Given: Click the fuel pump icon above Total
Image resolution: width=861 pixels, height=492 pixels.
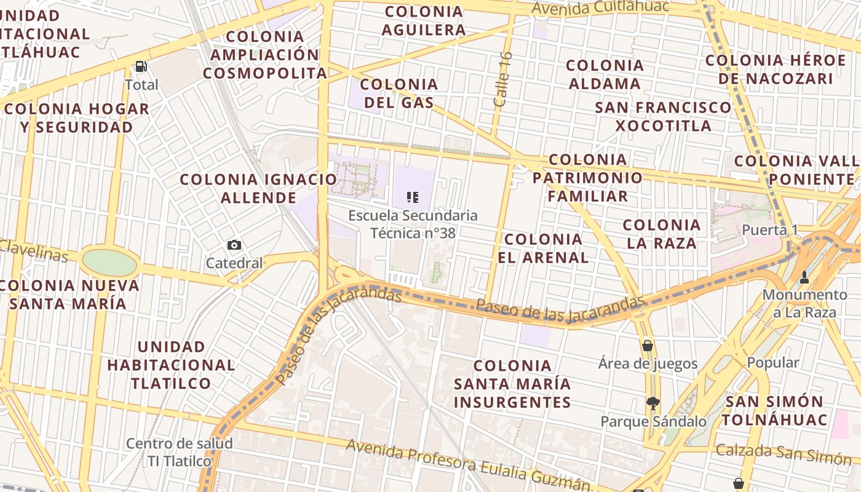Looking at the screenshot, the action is click(x=141, y=66).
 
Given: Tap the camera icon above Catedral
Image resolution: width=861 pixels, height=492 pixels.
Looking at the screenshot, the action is click(x=234, y=245).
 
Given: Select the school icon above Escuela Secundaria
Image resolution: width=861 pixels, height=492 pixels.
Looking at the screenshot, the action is click(x=413, y=197).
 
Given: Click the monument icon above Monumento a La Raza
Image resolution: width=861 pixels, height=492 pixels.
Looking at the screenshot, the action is click(x=804, y=277).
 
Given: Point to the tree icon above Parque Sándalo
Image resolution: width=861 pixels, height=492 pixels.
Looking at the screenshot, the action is click(x=653, y=403).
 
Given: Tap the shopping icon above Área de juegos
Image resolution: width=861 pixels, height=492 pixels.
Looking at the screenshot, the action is click(x=647, y=346).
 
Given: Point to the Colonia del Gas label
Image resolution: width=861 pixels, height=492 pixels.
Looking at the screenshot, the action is click(x=399, y=93).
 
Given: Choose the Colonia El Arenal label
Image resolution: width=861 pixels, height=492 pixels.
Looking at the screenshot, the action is click(x=543, y=248).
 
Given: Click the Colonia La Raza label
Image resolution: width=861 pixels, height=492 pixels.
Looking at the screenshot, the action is click(x=662, y=234).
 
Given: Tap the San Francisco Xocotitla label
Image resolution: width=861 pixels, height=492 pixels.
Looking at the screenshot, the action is click(x=663, y=116).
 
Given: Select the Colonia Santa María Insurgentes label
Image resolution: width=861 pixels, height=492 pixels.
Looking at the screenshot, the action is click(x=512, y=384).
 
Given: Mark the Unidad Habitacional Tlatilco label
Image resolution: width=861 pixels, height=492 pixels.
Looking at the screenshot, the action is click(x=171, y=365).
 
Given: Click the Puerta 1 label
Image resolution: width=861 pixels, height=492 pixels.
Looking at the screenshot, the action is click(x=770, y=230).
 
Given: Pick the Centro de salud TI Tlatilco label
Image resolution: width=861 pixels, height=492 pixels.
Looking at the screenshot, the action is click(x=179, y=452).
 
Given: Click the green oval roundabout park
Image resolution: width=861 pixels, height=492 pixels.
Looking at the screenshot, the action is click(x=109, y=263).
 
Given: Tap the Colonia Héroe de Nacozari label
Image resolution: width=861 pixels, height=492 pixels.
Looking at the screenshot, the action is click(x=776, y=69).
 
